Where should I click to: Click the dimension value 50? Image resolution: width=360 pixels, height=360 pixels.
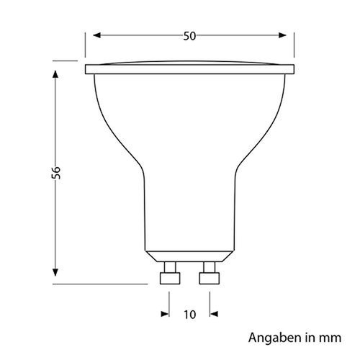point(189,37)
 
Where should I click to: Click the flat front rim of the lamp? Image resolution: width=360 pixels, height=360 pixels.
point(190,70)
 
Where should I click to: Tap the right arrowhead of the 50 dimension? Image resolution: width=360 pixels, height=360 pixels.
point(291,37)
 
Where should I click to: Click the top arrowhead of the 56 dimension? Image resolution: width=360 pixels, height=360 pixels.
point(55,75)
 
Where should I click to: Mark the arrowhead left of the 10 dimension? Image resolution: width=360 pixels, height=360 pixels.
point(165,313)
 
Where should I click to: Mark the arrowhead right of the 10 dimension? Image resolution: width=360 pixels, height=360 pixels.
point(215,313)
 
